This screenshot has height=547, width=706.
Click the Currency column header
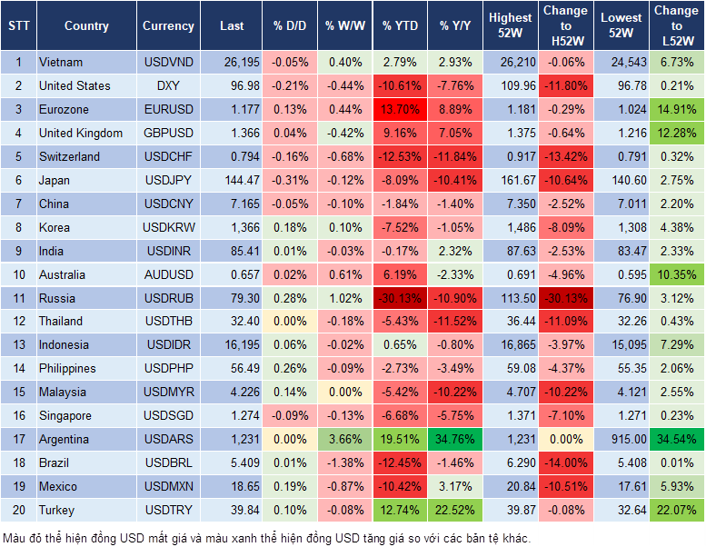[x=168, y=26]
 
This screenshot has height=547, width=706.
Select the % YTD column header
[x=400, y=26]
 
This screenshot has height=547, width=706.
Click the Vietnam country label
[x=61, y=63]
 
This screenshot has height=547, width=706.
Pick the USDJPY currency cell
[x=168, y=180]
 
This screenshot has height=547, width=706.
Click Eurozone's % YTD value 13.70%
[x=400, y=110]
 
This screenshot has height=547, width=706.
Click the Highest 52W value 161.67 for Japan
[x=509, y=180]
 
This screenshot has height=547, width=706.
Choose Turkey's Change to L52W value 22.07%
[x=676, y=510]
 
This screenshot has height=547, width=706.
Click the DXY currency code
[x=168, y=86]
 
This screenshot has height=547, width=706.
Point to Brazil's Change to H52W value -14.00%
[x=565, y=463]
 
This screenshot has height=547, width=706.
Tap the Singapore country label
[x=65, y=416]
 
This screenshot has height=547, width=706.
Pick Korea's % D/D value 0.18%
[x=289, y=227]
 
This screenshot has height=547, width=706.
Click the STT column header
[x=18, y=26]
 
